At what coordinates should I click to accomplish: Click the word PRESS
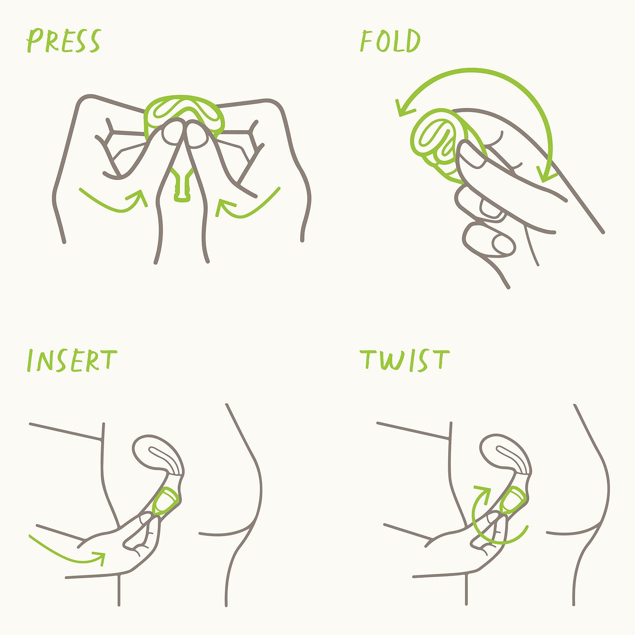click(x=64, y=40)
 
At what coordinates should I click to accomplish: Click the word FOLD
click(x=391, y=40)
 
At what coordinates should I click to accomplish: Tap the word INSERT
click(x=72, y=360)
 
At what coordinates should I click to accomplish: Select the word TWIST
click(x=405, y=360)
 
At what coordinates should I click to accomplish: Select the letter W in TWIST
click(x=392, y=361)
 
